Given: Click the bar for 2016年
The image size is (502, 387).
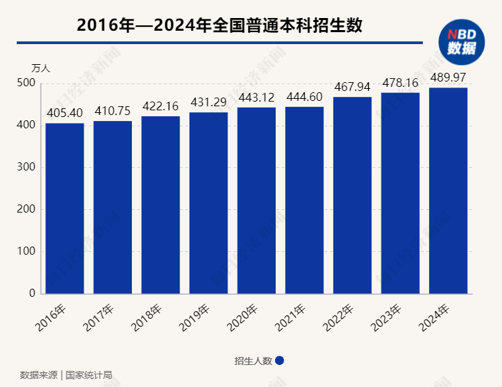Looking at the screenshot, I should click(x=65, y=209).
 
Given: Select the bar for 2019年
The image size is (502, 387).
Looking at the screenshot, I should click(x=209, y=203).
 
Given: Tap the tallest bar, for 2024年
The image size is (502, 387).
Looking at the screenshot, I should click(x=448, y=190).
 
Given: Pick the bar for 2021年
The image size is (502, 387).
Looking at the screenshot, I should click(x=305, y=201).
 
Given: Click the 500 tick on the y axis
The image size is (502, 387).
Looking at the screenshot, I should click(x=26, y=83).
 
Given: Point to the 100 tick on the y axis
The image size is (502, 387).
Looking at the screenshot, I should click(x=26, y=252).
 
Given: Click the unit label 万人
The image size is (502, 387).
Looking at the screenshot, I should click(x=41, y=68).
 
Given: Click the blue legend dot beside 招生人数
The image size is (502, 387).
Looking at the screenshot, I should click(x=280, y=360).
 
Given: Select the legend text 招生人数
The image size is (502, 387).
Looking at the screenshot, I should click(x=253, y=361).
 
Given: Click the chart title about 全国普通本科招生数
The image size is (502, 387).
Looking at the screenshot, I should click(x=220, y=25).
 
